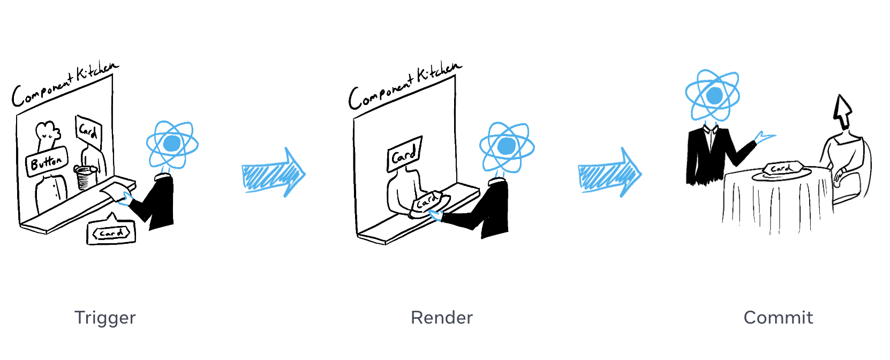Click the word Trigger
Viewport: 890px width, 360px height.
105,318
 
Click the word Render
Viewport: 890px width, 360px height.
442,318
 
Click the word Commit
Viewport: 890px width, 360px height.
778,318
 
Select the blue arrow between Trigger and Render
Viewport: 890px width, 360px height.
273,173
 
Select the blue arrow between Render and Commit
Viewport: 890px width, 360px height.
609,173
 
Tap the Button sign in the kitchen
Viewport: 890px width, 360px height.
47,161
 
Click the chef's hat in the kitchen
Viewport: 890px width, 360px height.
47,131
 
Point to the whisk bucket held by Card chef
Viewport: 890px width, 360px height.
85,177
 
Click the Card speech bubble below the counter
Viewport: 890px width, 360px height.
111,232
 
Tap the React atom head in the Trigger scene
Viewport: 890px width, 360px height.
172,144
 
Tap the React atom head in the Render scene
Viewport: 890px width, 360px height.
507,146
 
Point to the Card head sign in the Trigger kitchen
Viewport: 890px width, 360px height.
88,130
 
